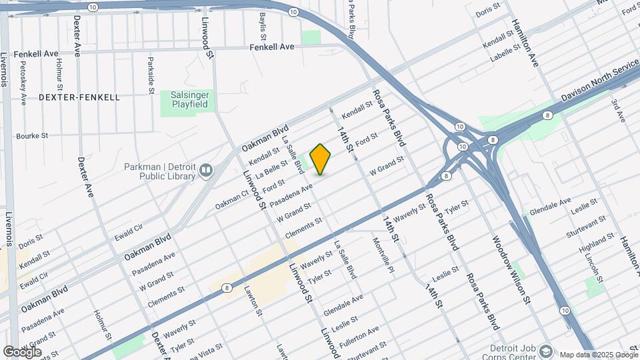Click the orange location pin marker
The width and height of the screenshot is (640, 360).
321,159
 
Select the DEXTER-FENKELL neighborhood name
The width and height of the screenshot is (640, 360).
79,97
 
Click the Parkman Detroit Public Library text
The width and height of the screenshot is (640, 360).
159,171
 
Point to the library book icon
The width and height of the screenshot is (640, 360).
206,171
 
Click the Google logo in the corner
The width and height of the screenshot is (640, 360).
23,352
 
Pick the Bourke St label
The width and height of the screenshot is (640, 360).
32,135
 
